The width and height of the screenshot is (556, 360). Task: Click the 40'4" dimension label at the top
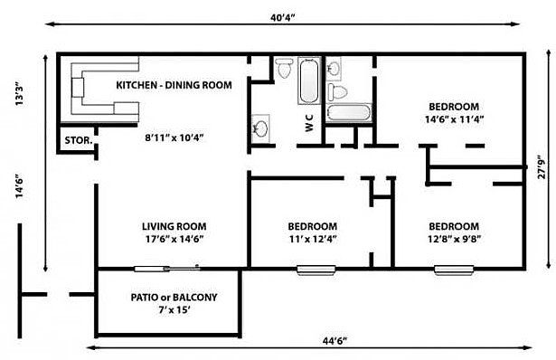(283, 17)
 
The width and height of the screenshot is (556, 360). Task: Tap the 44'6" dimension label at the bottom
(335, 341)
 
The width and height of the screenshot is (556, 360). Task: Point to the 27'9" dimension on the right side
(542, 166)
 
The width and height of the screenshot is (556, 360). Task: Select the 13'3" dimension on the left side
(20, 94)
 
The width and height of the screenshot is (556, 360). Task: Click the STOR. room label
(79, 140)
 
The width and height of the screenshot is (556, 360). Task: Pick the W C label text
(309, 123)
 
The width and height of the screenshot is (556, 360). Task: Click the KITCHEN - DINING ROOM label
(174, 85)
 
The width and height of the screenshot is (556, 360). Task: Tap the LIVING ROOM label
(174, 226)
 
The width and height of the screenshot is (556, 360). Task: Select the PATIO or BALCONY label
(174, 298)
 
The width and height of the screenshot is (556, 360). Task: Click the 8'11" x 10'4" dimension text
(174, 137)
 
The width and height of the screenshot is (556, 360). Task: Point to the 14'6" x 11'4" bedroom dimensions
(454, 119)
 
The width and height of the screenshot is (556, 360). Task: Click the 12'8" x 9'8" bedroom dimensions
(454, 239)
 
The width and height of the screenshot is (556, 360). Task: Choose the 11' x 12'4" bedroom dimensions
(313, 239)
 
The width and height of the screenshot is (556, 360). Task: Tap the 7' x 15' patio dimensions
(174, 310)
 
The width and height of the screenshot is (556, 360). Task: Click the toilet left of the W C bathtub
(285, 68)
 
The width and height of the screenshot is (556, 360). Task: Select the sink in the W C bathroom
(261, 128)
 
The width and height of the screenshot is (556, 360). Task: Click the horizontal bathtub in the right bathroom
(349, 113)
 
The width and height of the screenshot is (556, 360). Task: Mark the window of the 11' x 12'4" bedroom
(316, 270)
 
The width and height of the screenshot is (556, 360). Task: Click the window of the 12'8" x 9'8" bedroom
(454, 270)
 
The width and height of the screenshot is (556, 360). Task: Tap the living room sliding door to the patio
(166, 269)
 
